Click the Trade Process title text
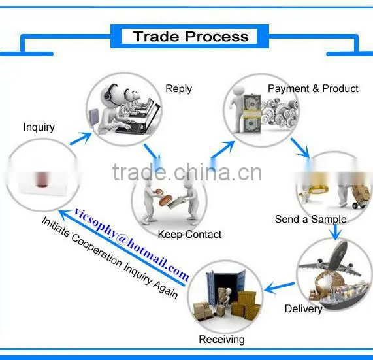[x=191, y=37]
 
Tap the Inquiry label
[x=39, y=127]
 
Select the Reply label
[x=178, y=89]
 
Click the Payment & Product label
[x=313, y=88]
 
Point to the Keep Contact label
[x=189, y=235]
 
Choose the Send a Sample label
[x=311, y=219]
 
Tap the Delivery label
[x=304, y=309]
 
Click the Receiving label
[x=221, y=340]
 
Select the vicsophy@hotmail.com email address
[x=131, y=244]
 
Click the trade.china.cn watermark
[x=187, y=172]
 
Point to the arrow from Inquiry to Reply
[x=81, y=139]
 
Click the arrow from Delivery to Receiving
[x=280, y=287]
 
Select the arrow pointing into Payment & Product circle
[x=222, y=150]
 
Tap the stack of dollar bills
[x=251, y=114]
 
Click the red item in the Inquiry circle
[x=41, y=179]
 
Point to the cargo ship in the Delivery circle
[x=342, y=296]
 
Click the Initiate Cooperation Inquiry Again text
[x=110, y=257]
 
